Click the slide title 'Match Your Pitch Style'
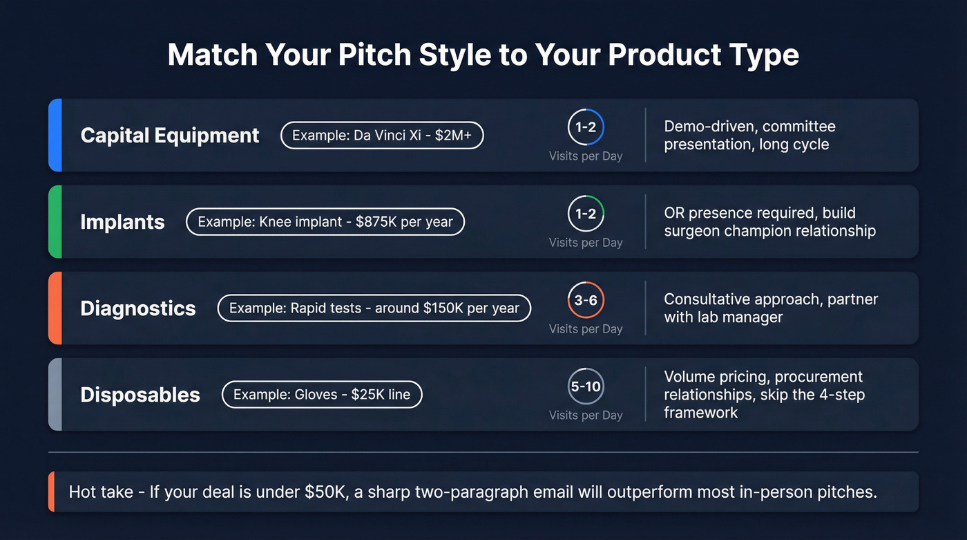coord(483,55)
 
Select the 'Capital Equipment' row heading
coord(170,136)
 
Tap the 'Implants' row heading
coord(122,222)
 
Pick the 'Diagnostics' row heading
coord(138,308)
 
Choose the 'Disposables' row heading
coord(140,395)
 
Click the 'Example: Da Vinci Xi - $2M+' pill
coord(382,136)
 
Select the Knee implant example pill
coord(325,222)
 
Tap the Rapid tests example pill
coord(374,308)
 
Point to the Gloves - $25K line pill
coord(322,395)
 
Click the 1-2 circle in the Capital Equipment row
coord(586,128)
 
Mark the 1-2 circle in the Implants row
coord(586,214)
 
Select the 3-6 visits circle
coord(586,301)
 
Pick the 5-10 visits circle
coord(586,387)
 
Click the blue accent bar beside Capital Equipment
coord(55,136)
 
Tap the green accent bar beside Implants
coord(55,222)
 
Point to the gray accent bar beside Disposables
coord(55,395)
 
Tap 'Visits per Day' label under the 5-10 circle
coord(586,415)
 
